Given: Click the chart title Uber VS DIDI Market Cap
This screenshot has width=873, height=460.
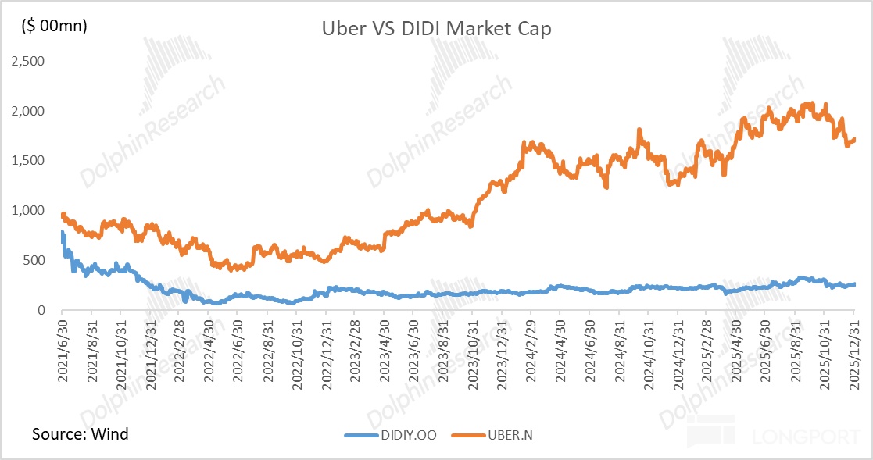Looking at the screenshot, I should click(x=437, y=29).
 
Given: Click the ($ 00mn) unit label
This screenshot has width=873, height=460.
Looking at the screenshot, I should click(x=54, y=25).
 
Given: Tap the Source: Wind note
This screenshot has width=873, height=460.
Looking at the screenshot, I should click(x=81, y=433).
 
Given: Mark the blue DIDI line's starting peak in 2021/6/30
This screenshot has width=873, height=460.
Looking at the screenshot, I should click(x=62, y=232).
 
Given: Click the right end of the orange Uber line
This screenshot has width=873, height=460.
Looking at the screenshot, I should click(x=855, y=139).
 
